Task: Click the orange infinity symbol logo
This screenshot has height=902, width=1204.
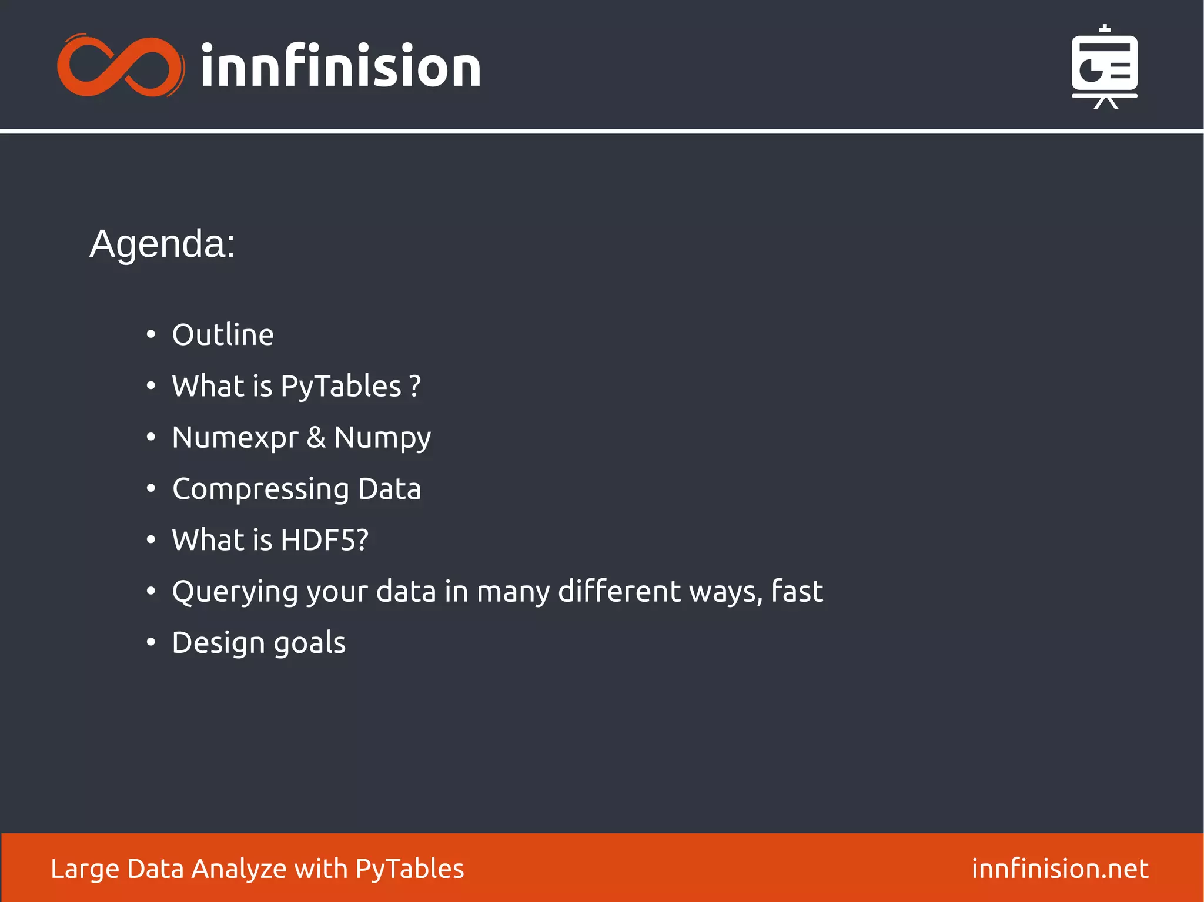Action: (121, 66)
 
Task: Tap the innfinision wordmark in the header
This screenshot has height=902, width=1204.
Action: (341, 66)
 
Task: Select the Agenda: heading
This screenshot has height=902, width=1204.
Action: (162, 244)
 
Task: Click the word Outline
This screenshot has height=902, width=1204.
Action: (223, 335)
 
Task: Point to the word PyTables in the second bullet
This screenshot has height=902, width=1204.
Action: (341, 387)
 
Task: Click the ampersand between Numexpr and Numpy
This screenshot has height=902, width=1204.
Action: (316, 437)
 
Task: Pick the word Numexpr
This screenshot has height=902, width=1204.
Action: (235, 438)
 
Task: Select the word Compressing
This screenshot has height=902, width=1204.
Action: (261, 489)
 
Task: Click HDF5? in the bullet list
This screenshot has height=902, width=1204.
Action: (325, 540)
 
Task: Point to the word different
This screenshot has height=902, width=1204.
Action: (619, 591)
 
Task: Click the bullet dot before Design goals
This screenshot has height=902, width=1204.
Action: (151, 643)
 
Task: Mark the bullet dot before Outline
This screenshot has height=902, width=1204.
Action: (151, 335)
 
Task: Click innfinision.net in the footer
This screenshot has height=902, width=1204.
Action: (1060, 869)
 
